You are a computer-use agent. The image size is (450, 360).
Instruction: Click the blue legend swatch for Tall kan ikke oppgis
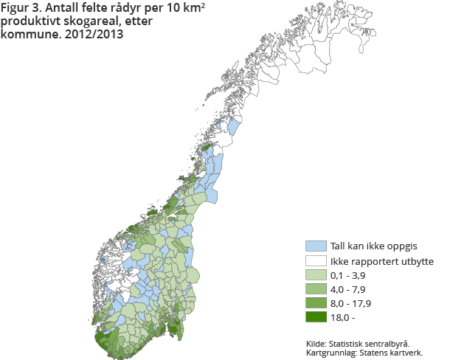(x=316, y=246)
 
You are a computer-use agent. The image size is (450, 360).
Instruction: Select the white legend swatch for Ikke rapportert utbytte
(x=316, y=260)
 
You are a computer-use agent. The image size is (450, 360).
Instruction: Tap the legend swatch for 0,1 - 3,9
(x=316, y=274)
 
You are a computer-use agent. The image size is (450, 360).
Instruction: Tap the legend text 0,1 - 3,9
(x=350, y=274)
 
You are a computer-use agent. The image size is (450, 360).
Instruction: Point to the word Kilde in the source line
(x=316, y=343)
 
